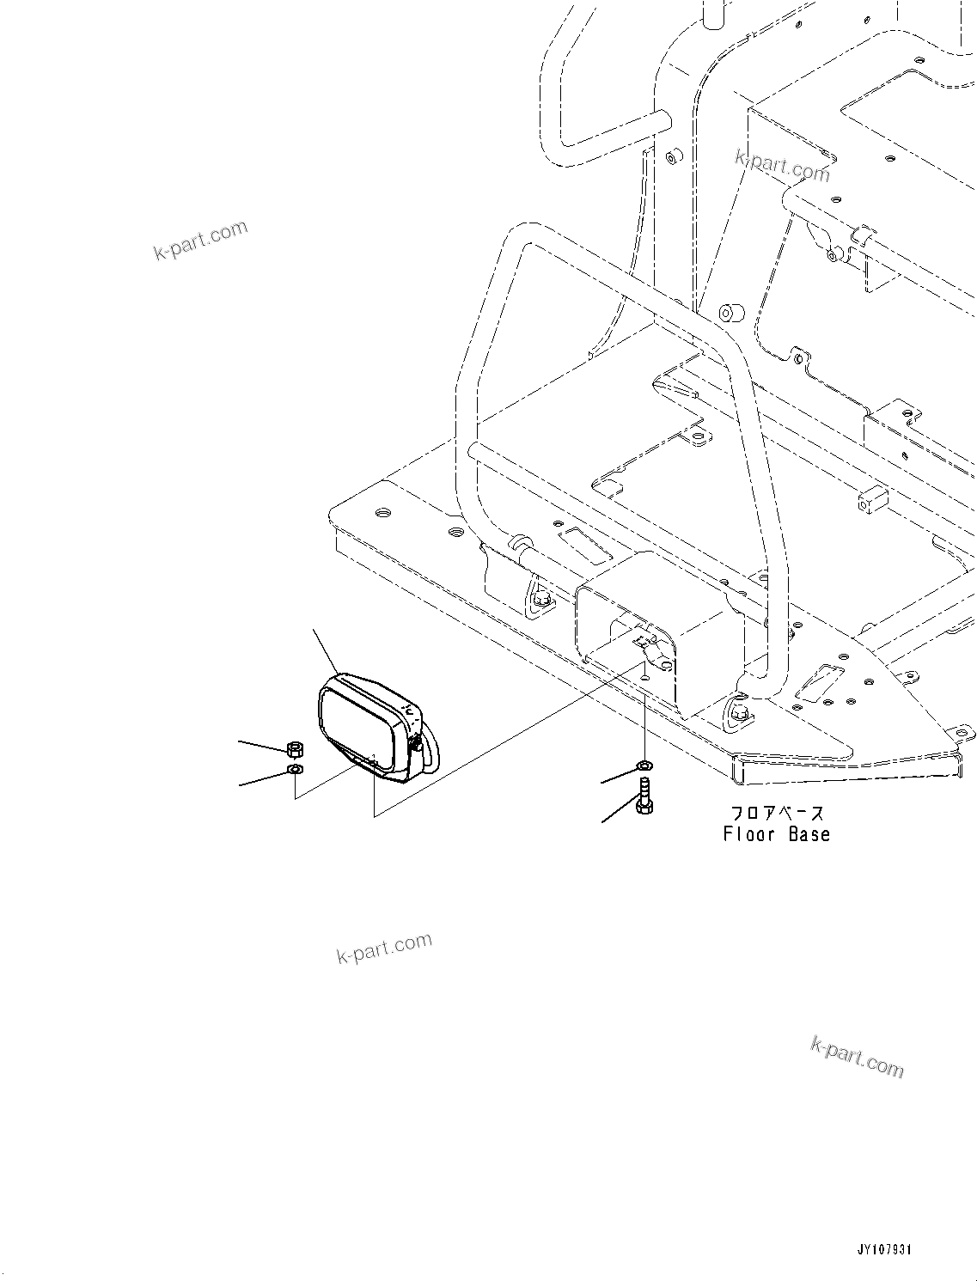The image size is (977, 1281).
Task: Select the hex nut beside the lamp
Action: point(293,747)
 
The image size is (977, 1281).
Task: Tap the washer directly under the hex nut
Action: point(294,768)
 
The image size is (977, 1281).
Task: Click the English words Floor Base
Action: point(776,834)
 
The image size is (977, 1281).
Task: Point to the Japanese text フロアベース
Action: point(776,813)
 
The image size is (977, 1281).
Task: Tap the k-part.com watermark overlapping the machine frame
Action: point(783,167)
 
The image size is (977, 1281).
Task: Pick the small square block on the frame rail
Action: point(871,500)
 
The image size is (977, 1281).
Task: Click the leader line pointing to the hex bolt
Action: point(619,813)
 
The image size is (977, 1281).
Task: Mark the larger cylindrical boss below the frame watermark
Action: point(731,312)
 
